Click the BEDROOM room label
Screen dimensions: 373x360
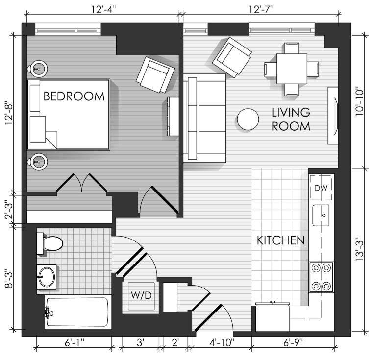click(74, 96)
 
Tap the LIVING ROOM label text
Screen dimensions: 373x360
click(291, 120)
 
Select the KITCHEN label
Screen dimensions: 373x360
click(281, 240)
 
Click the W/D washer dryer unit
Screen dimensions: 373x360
click(141, 296)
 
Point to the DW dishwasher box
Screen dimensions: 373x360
click(321, 188)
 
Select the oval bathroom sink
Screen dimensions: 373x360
click(47, 277)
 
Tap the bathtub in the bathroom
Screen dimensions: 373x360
click(78, 312)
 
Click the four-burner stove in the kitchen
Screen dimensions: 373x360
click(321, 277)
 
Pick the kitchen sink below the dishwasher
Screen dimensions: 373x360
click(321, 216)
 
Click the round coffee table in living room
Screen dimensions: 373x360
click(248, 120)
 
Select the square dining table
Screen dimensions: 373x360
click(292, 69)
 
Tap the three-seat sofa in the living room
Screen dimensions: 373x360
click(204, 118)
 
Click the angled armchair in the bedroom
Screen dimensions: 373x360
click(155, 74)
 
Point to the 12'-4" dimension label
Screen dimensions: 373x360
click(103, 9)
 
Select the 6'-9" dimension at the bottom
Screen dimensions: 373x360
click(293, 343)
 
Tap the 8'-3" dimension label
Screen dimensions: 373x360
click(8, 278)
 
